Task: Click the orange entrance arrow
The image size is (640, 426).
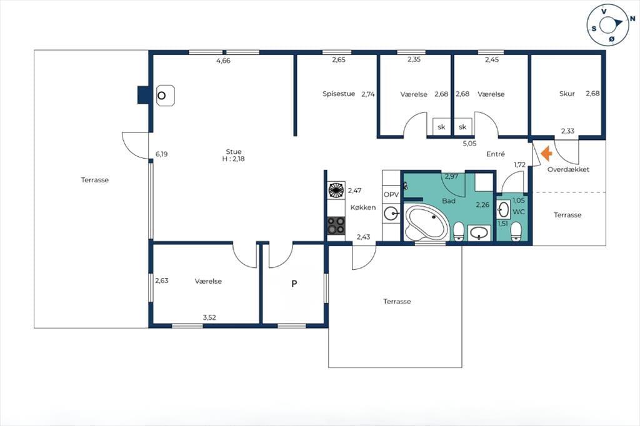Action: (546, 154)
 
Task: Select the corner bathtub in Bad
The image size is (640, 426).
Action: (426, 222)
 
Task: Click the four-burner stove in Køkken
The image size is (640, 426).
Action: (336, 225)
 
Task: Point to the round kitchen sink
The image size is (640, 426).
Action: (392, 214)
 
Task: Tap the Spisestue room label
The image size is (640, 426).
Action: (339, 94)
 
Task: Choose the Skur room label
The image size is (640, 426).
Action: (567, 94)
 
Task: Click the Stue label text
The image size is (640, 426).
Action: (234, 152)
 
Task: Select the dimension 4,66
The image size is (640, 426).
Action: (223, 61)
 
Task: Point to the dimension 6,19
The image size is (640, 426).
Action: (162, 154)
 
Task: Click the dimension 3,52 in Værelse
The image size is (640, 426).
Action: (209, 317)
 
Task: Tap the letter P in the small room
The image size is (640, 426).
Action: (294, 284)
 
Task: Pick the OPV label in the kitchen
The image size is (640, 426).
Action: (391, 195)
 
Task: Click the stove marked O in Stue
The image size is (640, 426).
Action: (165, 96)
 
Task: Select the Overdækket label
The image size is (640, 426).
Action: (568, 169)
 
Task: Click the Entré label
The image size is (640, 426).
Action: (496, 154)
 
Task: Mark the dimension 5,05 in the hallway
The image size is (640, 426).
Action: (469, 143)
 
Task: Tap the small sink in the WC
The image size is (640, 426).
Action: (504, 209)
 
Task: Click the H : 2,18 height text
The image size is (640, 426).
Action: (234, 159)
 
